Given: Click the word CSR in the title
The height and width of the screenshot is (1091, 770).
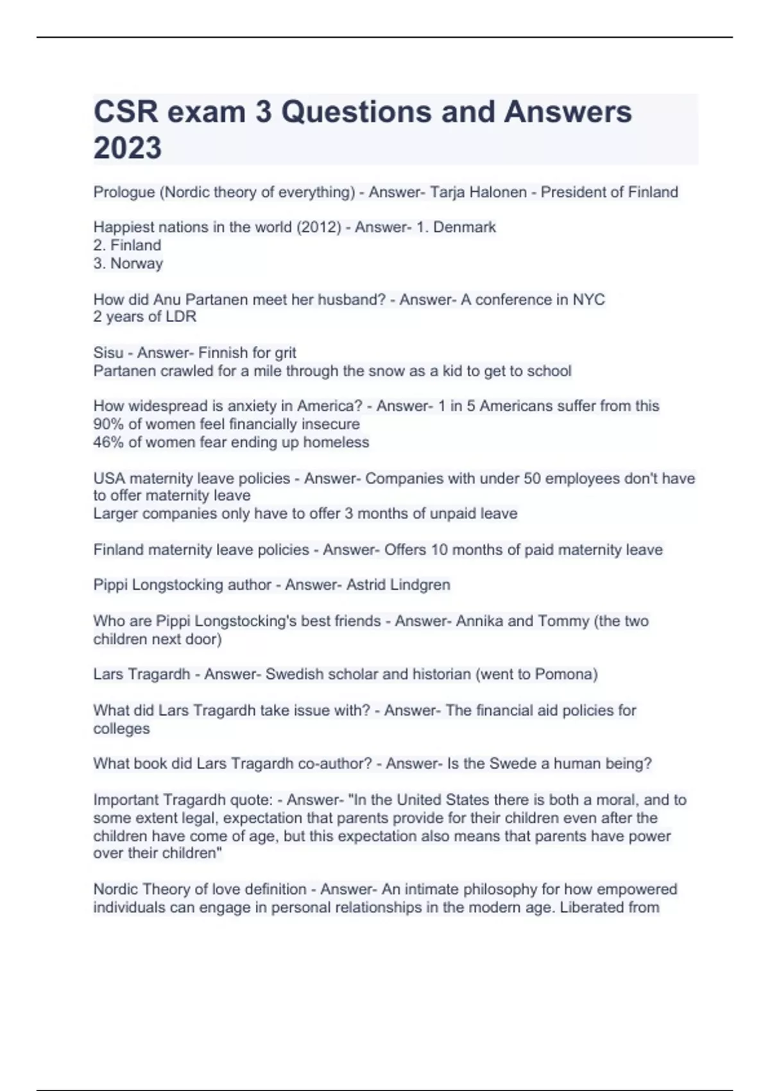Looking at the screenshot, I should [x=126, y=112].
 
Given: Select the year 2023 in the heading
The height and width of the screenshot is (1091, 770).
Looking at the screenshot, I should [x=128, y=148].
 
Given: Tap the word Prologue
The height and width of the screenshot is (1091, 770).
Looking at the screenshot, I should [x=124, y=193].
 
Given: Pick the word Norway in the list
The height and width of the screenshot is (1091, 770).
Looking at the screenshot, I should [x=136, y=264].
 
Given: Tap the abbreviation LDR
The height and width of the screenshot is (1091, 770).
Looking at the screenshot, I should [x=182, y=317].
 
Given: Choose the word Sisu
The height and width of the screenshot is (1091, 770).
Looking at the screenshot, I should [x=108, y=353].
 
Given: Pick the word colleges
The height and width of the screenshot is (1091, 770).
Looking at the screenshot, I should [x=121, y=729].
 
